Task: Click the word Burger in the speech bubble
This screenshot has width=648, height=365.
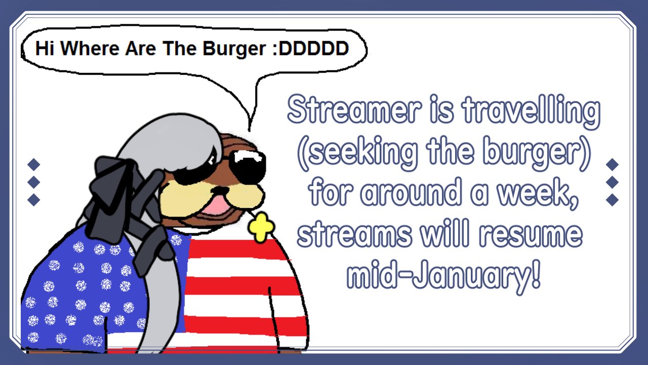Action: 234,49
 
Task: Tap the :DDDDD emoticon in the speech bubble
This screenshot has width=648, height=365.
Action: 311,48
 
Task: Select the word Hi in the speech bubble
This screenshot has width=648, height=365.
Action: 45,48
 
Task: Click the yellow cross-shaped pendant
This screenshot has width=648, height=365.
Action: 261,228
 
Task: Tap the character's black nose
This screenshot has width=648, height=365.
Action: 220,190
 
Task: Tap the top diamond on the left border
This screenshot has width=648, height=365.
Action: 33,164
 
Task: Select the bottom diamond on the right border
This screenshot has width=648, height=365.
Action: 612,200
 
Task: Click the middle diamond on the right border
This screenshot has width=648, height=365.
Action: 612,182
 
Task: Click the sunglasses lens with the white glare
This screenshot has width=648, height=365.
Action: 248,166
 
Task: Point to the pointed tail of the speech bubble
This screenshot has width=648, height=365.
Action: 250,130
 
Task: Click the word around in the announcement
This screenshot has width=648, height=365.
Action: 411,193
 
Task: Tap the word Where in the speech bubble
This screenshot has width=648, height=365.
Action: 90,48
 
